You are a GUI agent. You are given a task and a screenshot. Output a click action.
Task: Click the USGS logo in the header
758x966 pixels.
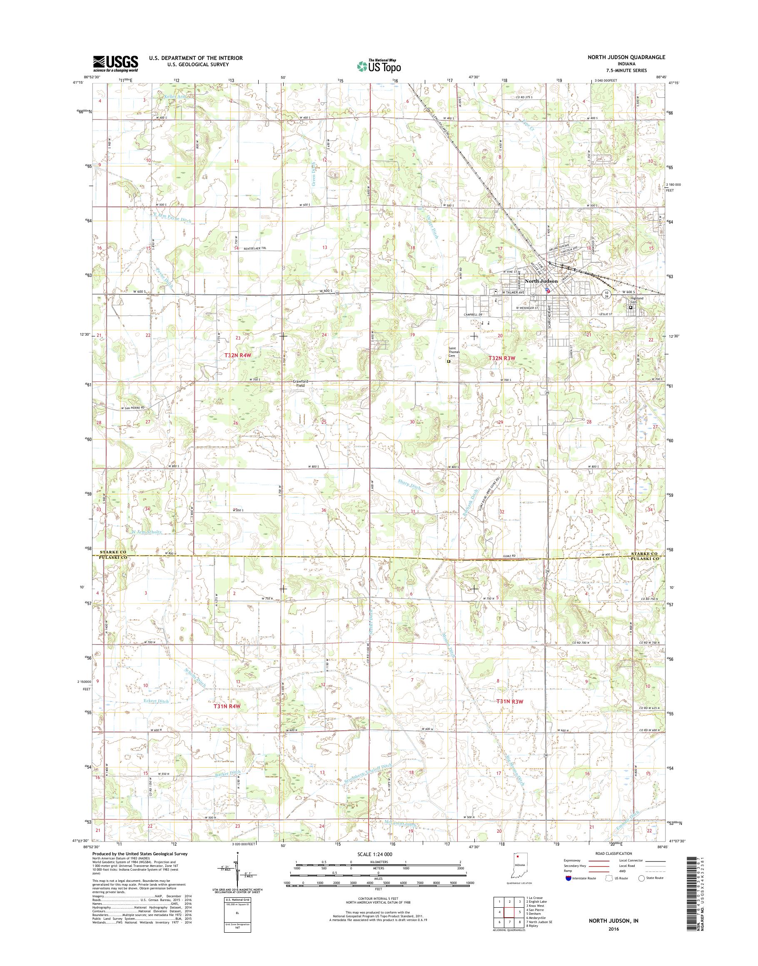pyautogui.click(x=115, y=63)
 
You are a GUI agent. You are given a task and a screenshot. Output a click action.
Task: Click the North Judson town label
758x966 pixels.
pyautogui.click(x=541, y=281)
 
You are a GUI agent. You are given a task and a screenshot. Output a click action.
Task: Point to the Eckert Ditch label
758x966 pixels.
pyautogui.click(x=156, y=701)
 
